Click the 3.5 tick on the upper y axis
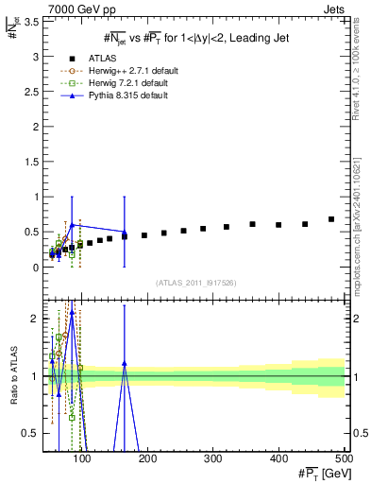36,22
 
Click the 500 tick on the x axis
344,459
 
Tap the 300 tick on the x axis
213,459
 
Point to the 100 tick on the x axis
83,459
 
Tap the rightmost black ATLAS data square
331,219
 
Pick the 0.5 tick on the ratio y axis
36,433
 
